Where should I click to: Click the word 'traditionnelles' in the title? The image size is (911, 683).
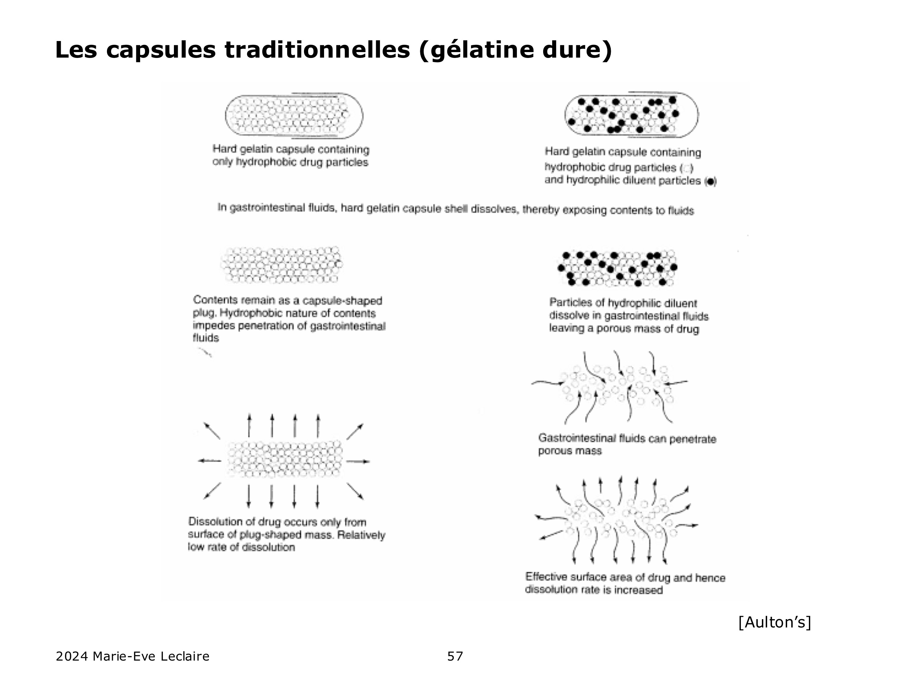(x=317, y=50)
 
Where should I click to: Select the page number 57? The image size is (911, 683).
(x=455, y=656)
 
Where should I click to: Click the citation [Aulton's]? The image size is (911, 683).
(x=775, y=622)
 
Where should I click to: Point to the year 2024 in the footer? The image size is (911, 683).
(x=72, y=656)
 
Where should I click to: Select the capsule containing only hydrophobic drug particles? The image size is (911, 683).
(x=294, y=115)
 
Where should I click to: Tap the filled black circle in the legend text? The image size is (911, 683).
(x=711, y=181)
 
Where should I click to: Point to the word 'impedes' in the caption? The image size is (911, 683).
(x=208, y=326)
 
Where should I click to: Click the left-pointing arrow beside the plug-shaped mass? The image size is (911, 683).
(x=209, y=461)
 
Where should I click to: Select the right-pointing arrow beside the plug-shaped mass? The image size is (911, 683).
(x=360, y=462)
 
